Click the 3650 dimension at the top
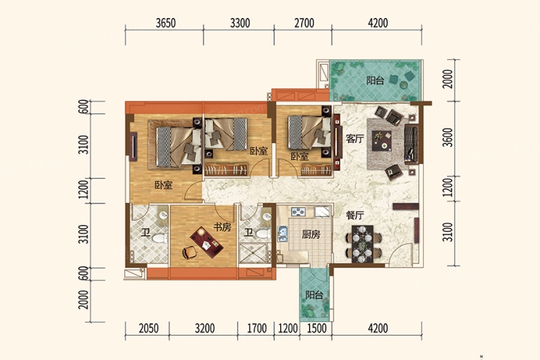(165, 23)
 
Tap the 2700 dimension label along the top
(304, 23)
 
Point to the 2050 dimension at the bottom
(149, 328)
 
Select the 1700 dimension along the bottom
(257, 328)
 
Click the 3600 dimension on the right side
(448, 137)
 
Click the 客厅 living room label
(354, 139)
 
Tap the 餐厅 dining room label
(354, 216)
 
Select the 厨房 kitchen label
(311, 234)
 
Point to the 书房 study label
(222, 227)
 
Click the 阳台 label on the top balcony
(375, 81)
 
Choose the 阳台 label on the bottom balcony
(314, 295)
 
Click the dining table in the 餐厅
(362, 244)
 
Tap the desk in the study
(206, 242)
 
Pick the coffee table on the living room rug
(382, 141)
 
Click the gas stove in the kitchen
(298, 211)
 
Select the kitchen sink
(282, 234)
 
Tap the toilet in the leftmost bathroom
(160, 238)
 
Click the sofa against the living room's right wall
(411, 144)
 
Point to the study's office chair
(189, 253)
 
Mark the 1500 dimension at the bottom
(316, 328)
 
